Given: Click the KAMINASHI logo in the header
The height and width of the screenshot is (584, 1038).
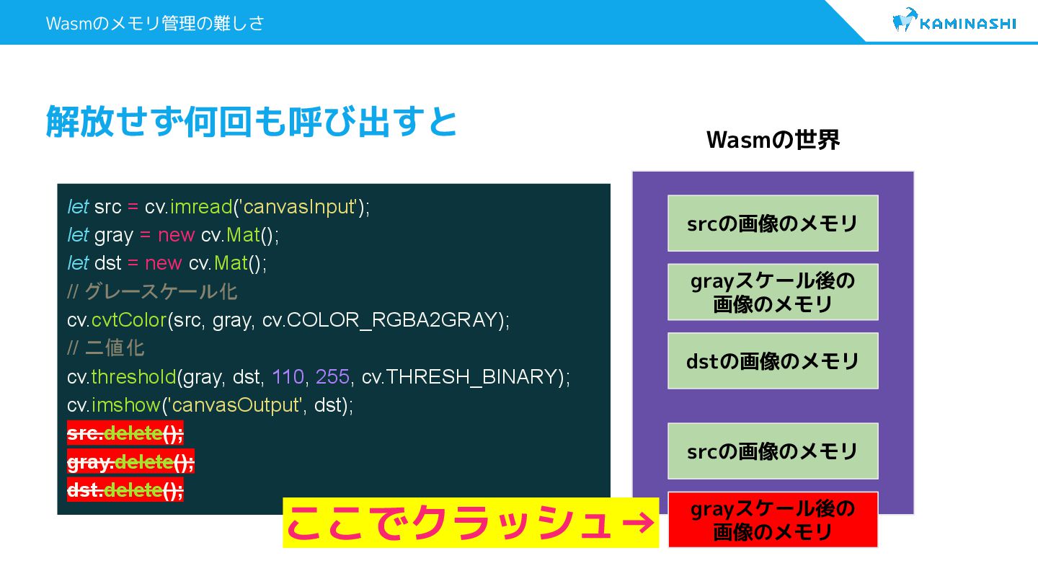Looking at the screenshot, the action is coord(954,22).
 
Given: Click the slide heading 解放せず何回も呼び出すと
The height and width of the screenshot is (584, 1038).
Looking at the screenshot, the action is coord(252,121).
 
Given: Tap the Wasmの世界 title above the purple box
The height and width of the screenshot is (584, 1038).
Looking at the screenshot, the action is coord(773,140).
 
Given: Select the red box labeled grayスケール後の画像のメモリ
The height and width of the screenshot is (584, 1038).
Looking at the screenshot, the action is coord(773,520).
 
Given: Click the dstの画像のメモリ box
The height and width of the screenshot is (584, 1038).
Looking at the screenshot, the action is coord(773,360).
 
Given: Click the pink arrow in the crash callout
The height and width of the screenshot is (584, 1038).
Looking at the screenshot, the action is coord(636,523).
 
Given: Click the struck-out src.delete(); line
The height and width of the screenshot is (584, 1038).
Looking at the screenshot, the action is coord(125,433).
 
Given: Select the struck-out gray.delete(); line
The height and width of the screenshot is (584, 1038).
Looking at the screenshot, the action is coord(130,461).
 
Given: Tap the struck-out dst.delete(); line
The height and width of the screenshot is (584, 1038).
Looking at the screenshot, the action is coord(125,490).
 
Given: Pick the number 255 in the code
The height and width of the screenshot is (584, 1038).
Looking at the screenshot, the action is coord(332,376).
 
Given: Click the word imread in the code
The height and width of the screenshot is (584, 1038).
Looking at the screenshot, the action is coord(200,207).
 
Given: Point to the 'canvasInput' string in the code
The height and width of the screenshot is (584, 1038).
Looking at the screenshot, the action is coord(300,207).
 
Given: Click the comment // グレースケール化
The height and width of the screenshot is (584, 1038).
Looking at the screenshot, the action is coord(152,292).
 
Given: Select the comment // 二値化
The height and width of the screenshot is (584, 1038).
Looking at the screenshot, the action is coord(106,348).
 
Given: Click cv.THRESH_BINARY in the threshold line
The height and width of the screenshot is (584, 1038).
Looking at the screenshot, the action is coord(461,376).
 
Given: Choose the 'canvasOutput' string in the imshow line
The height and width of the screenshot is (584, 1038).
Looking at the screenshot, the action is coord(234,405).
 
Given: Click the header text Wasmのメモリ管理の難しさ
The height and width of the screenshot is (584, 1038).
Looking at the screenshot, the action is coord(155,23).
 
